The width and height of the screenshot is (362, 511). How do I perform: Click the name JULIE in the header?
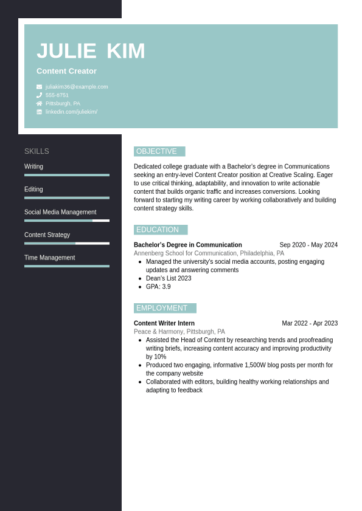coord(66,51)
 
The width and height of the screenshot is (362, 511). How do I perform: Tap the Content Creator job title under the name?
coord(66,71)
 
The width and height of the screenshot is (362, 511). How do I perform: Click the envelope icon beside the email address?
coord(40,87)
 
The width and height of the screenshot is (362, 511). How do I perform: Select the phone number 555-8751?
coord(57,95)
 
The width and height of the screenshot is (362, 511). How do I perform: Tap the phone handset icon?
coord(40,95)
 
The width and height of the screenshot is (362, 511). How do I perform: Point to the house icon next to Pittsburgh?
coord(40,103)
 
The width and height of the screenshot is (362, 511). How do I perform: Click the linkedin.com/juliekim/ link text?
coord(71,112)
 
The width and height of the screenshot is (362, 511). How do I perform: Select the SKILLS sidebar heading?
coord(37,151)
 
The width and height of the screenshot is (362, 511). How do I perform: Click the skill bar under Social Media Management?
coord(67,221)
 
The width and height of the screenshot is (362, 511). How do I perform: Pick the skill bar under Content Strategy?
coord(67,243)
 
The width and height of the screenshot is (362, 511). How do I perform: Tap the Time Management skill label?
coord(49,258)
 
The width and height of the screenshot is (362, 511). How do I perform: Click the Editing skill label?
coord(33,190)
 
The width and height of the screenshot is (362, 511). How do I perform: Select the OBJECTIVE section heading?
coord(157,151)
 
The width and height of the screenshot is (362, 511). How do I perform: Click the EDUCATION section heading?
coord(158,230)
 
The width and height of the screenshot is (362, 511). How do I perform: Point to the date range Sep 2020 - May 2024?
coord(308,245)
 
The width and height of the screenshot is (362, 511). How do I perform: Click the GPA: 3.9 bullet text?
coord(158,287)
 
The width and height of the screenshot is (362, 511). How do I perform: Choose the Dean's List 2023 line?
coord(169,278)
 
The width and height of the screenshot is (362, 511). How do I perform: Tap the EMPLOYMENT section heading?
coord(162,308)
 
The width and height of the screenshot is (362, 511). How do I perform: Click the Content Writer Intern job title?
coord(164,323)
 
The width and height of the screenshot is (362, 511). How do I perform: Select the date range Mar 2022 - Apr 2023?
coord(310,323)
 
